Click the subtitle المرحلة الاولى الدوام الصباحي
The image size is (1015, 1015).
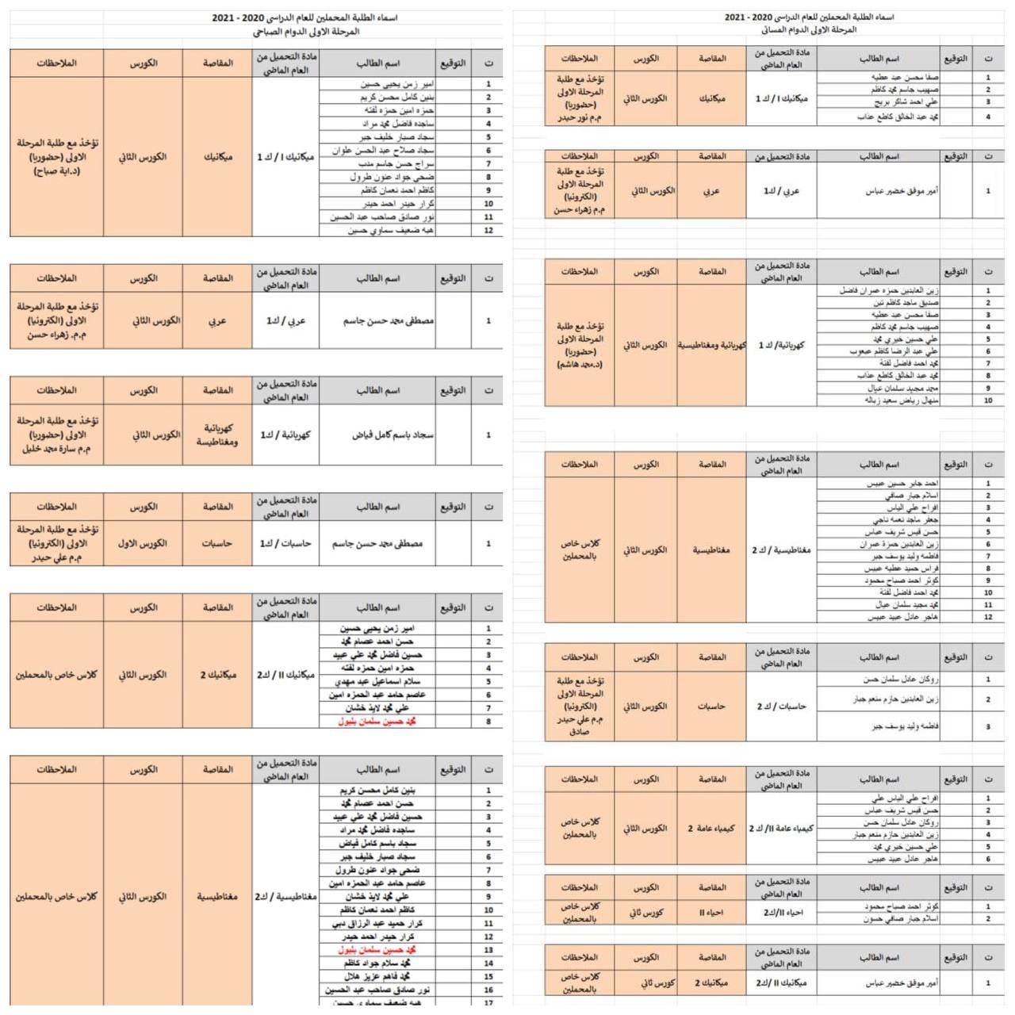tap(305, 32)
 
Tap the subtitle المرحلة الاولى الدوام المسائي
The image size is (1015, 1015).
tap(809, 30)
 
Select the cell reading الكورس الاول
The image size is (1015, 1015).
tap(143, 544)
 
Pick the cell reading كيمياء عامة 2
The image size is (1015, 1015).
tap(711, 829)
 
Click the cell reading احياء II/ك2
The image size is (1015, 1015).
tap(782, 913)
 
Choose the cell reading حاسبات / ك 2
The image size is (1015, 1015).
tap(781, 707)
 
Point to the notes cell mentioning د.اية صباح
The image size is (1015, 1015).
tap(56, 157)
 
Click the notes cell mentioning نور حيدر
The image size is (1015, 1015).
tap(580, 98)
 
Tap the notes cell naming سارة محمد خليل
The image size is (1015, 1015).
tap(56, 435)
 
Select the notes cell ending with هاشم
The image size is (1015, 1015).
tap(580, 346)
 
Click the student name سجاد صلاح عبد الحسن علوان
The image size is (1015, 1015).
tap(383, 151)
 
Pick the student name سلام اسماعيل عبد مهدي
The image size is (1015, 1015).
tap(377, 682)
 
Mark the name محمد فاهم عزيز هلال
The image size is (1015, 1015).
tap(377, 977)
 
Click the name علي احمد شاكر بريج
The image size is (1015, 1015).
tap(906, 102)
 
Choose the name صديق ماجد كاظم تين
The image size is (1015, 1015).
tap(906, 303)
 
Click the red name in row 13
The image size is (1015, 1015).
tap(377, 950)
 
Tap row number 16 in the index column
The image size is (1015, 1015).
tap(488, 990)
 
